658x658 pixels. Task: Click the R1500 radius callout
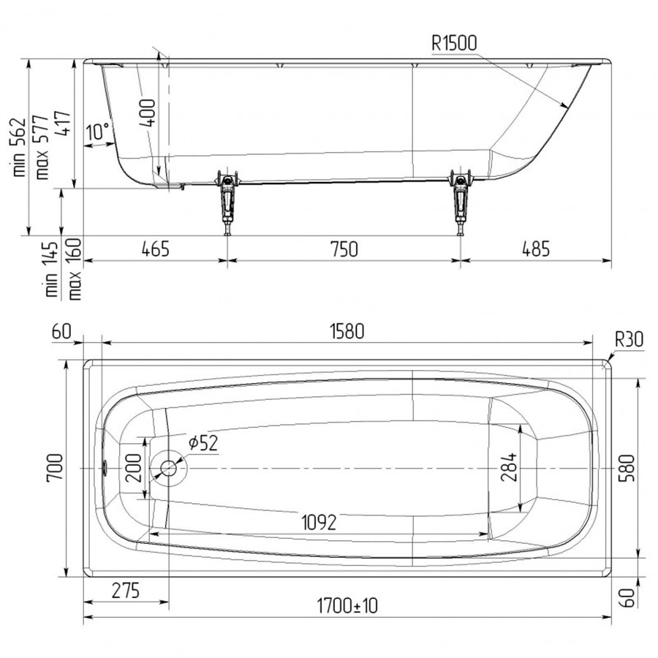point(454,43)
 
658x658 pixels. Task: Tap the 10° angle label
point(98,132)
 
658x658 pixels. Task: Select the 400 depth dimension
point(148,113)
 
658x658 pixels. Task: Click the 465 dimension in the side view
point(156,249)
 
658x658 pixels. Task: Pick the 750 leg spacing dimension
point(344,249)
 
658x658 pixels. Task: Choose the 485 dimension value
point(535,249)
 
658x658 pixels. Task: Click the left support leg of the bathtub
point(227,202)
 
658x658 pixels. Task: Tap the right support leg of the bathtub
point(461,202)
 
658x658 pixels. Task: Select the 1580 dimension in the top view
point(347,331)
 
